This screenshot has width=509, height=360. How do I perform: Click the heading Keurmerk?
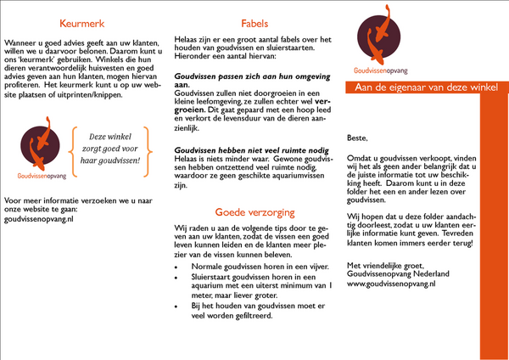(84, 25)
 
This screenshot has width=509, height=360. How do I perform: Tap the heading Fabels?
(254, 25)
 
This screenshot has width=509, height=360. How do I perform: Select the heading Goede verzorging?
(254, 211)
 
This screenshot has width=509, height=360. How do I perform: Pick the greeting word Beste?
(358, 136)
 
